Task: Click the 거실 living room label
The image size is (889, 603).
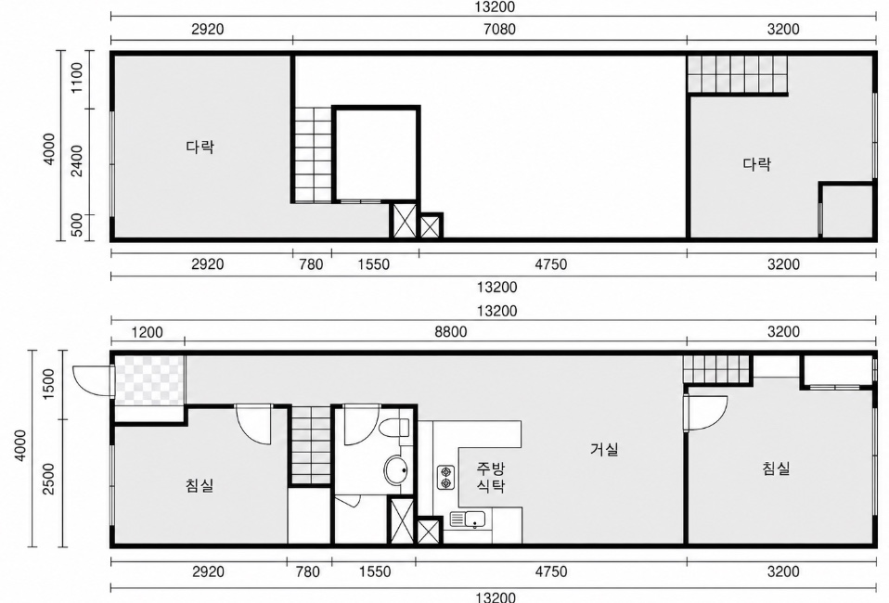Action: tap(604, 449)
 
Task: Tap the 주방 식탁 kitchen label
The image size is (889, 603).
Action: tap(490, 477)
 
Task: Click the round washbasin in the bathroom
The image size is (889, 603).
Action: tap(395, 470)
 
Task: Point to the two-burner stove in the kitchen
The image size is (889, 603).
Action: tap(445, 477)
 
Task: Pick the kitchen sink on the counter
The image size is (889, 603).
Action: tap(468, 519)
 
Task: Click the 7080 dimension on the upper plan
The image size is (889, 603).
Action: tap(499, 29)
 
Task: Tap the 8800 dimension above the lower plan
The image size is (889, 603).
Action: tap(451, 331)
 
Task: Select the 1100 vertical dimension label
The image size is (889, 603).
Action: tap(77, 78)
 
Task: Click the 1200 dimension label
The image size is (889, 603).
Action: tap(147, 331)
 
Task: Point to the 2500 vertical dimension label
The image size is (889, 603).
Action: tap(48, 479)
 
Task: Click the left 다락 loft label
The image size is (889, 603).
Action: tap(200, 147)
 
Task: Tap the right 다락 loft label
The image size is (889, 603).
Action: tap(757, 164)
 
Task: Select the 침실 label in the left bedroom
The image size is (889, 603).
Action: tap(200, 485)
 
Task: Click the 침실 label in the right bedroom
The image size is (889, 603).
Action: tap(776, 468)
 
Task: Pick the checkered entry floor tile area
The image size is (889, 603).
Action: tap(149, 379)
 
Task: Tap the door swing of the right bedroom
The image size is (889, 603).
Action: tap(706, 413)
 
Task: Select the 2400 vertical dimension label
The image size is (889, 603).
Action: tap(77, 160)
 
